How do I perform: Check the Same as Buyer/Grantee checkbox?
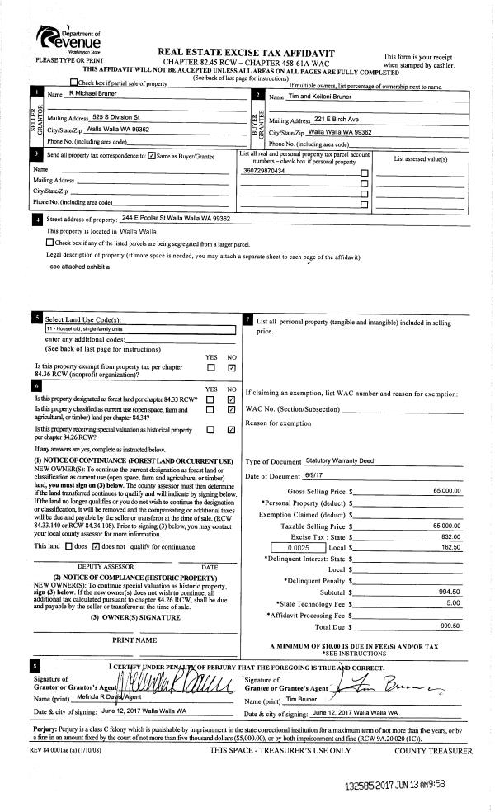(x=151, y=155)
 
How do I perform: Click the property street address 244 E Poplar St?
(x=175, y=218)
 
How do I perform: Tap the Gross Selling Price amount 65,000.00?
(x=446, y=491)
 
